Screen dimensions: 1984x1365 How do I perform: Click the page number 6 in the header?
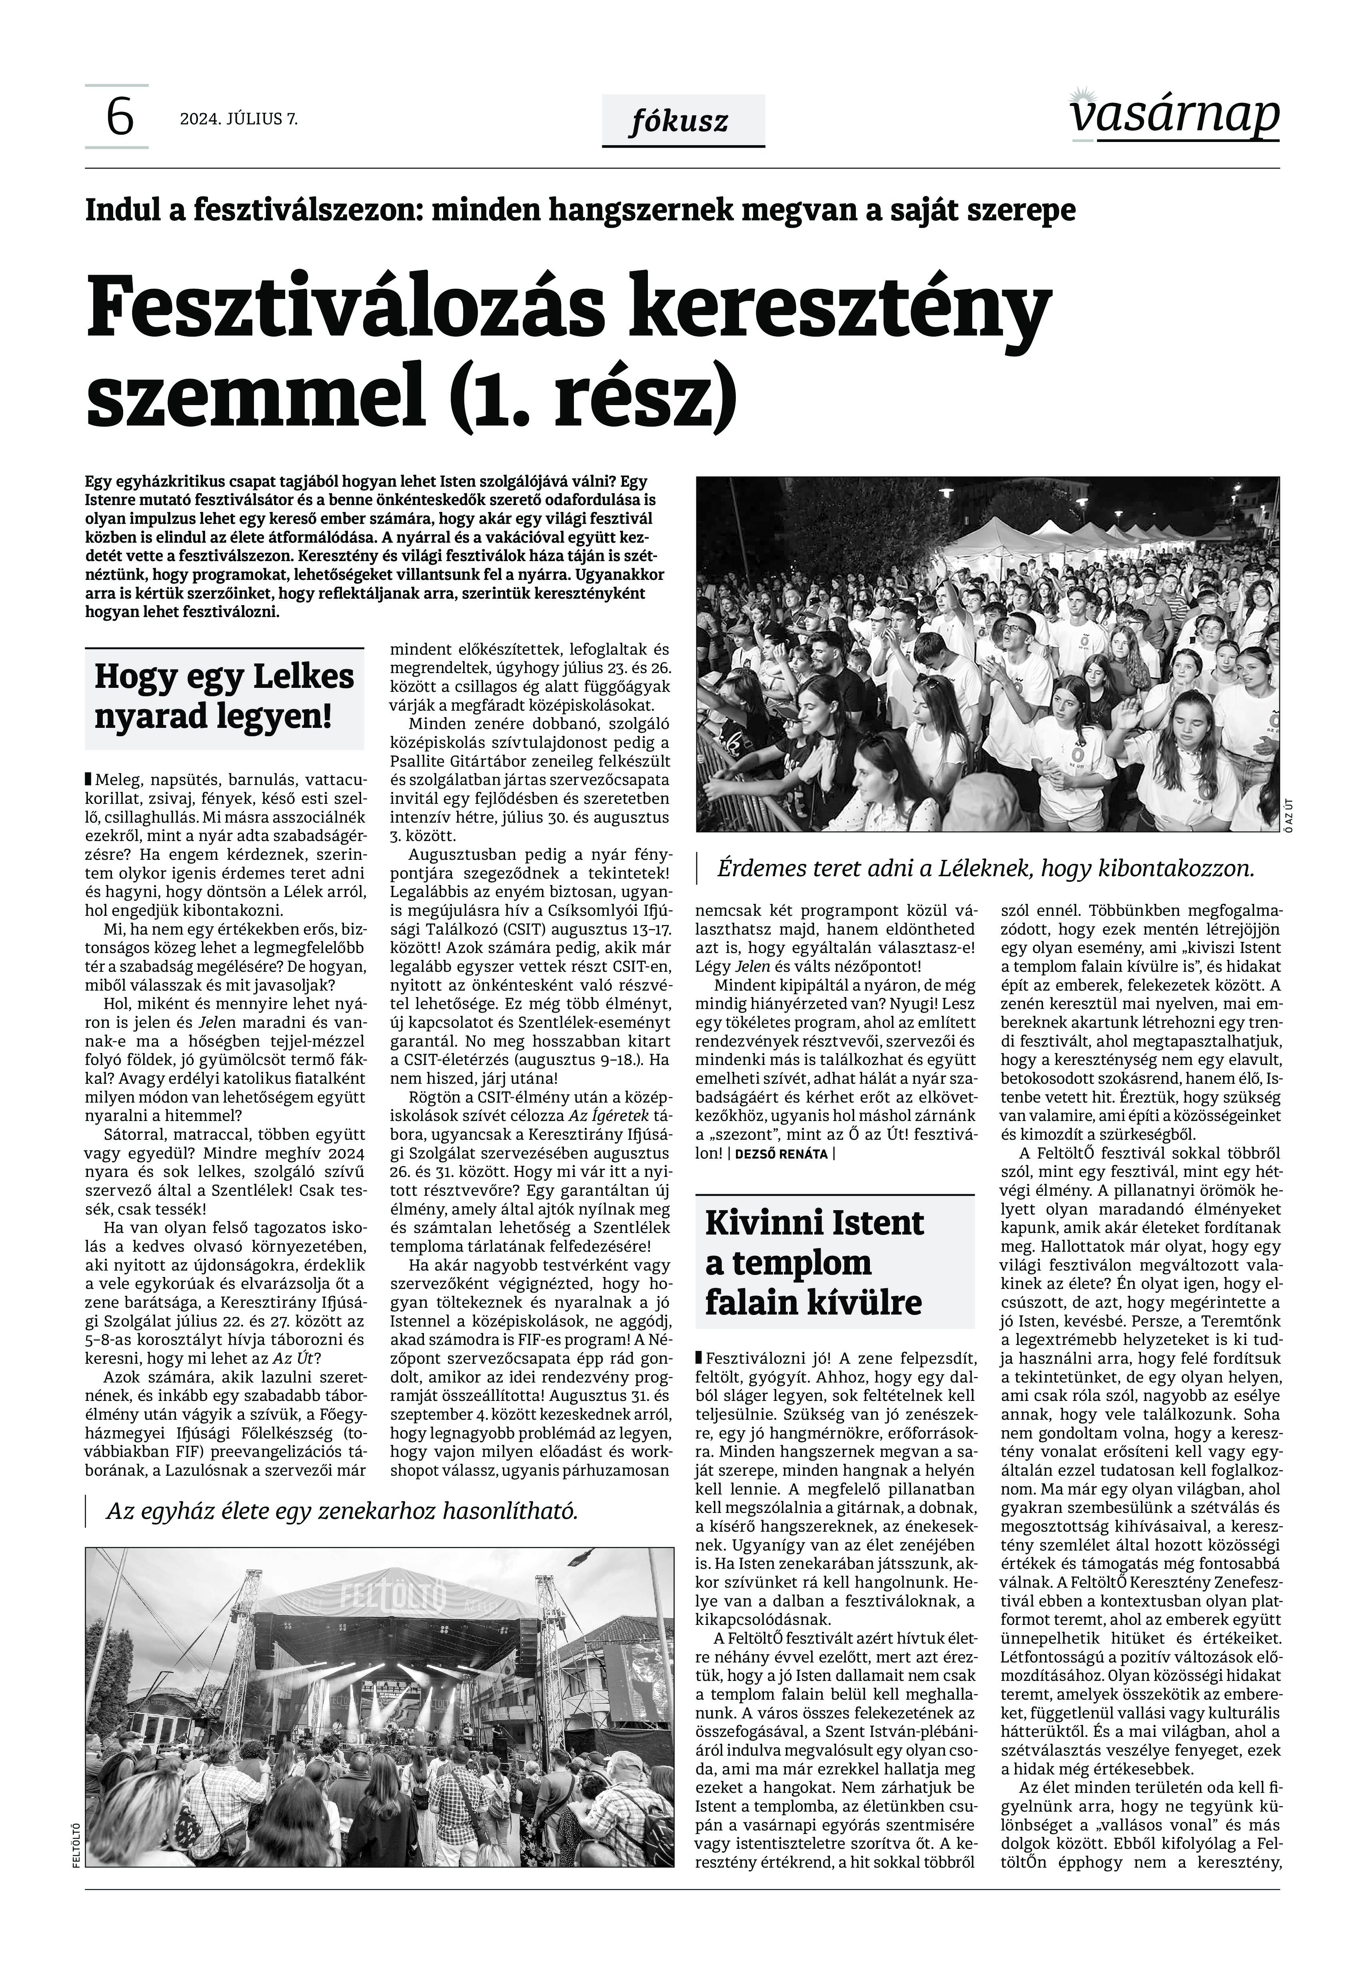pyautogui.click(x=119, y=117)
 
